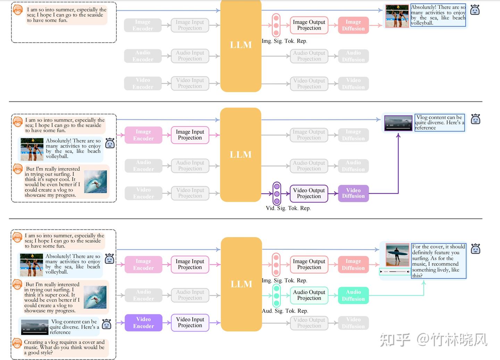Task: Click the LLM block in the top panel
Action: click(241, 45)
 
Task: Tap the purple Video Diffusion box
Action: click(353, 193)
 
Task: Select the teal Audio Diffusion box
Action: click(353, 295)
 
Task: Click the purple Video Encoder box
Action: click(143, 322)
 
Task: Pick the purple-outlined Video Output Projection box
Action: click(309, 193)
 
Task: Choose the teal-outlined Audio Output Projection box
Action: click(309, 295)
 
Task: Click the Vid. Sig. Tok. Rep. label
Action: click(288, 208)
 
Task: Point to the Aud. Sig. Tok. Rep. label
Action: click(285, 311)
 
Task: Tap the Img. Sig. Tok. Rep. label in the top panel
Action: click(284, 41)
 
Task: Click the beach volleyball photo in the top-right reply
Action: click(397, 16)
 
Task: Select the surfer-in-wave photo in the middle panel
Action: click(95, 182)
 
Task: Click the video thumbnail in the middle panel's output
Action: click(398, 123)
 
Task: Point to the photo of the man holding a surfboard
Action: click(397, 255)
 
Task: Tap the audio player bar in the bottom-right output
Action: click(395, 271)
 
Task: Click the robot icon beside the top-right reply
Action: click(475, 10)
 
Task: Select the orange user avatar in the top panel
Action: click(18, 9)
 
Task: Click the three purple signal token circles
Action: click(277, 193)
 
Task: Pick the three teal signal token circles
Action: click(276, 295)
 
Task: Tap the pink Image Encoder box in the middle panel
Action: click(143, 135)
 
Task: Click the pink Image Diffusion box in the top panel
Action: click(353, 25)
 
